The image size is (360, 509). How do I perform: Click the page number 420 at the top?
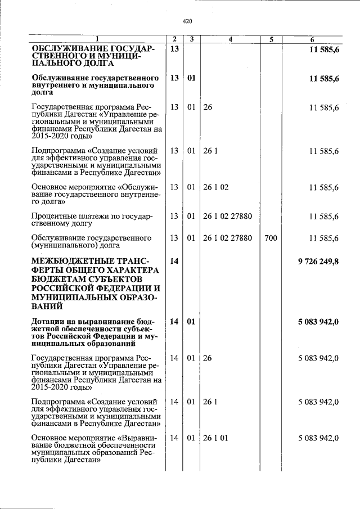coord(188,21)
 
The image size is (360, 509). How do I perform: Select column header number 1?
coord(97,39)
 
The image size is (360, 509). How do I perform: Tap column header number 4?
coord(231,39)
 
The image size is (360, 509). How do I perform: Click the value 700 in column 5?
coord(271,238)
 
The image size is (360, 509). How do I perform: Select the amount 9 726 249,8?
coord(318,262)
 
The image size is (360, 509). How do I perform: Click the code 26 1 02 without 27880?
coord(216,187)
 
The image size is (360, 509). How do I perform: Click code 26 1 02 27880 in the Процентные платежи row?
coord(227,217)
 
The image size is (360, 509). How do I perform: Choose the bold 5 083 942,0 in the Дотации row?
coord(318,321)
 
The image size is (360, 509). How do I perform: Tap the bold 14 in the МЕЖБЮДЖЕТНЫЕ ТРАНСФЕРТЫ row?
coord(174,262)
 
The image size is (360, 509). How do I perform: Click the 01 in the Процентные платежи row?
coord(191,217)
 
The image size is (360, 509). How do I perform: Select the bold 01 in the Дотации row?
coord(191,321)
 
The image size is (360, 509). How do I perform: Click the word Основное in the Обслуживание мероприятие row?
coord(50,187)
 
